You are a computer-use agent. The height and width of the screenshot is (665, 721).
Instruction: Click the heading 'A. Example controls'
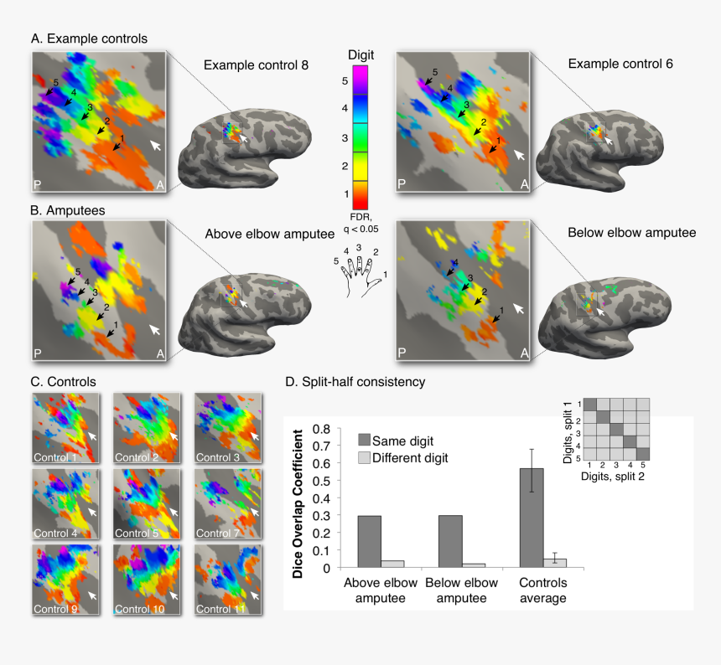[89, 39]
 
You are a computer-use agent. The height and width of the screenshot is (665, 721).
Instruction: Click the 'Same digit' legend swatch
[364, 440]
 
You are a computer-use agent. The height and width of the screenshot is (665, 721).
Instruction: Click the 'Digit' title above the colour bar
[360, 54]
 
